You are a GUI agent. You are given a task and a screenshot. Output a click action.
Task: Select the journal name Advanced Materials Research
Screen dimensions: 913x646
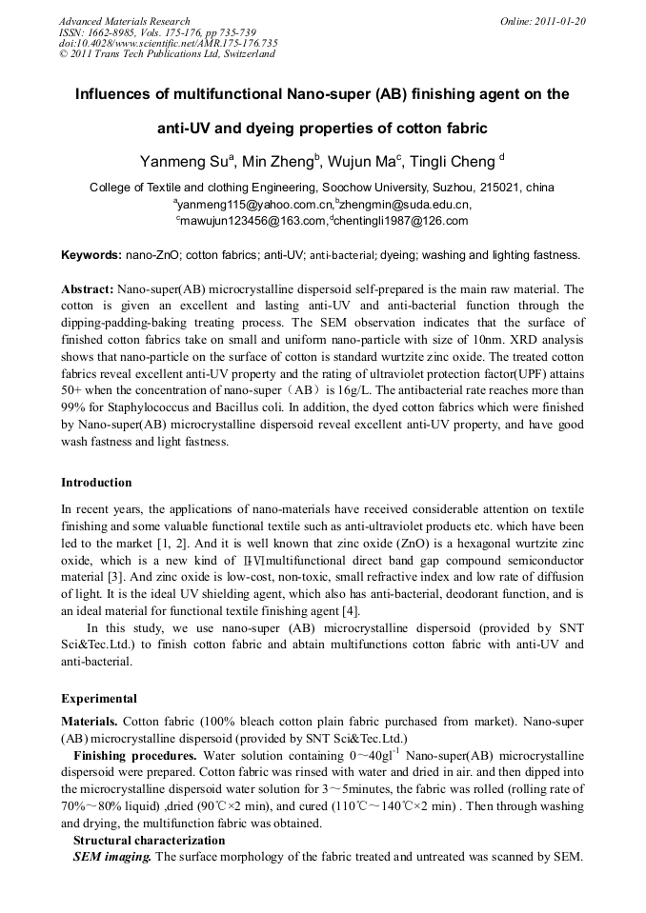pyautogui.click(x=124, y=21)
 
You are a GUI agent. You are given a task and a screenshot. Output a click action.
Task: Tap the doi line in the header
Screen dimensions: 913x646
pyautogui.click(x=168, y=43)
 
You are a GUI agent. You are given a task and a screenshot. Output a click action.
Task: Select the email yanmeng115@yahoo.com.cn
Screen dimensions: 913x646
pyautogui.click(x=254, y=205)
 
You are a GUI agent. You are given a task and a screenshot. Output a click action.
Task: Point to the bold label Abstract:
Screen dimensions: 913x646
pyautogui.click(x=88, y=288)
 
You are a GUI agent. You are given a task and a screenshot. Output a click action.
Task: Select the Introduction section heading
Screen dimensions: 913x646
pyautogui.click(x=96, y=483)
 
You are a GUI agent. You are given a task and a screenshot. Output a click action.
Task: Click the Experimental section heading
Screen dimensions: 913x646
pyautogui.click(x=99, y=698)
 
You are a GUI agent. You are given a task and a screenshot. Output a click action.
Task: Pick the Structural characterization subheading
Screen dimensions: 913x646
pyautogui.click(x=149, y=841)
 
